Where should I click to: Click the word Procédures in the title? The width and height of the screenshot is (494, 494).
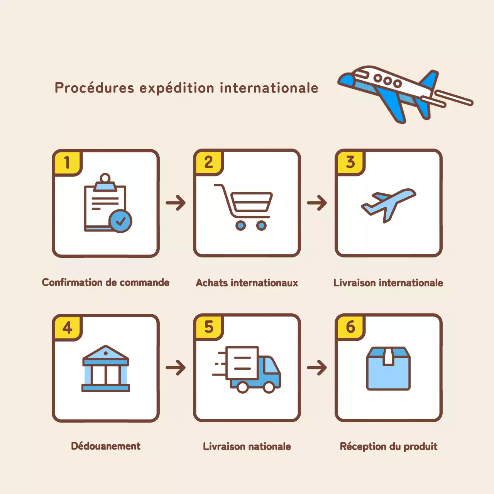pyautogui.click(x=94, y=88)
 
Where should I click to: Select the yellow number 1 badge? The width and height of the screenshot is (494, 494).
pyautogui.click(x=67, y=163)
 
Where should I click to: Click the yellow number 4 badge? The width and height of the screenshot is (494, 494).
pyautogui.click(x=67, y=328)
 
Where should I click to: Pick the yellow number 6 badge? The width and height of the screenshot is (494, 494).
pyautogui.click(x=350, y=327)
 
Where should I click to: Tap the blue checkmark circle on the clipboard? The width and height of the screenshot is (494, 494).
pyautogui.click(x=120, y=221)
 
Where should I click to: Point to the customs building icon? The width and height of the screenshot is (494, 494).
pyautogui.click(x=106, y=369)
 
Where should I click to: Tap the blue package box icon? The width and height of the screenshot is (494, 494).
pyautogui.click(x=388, y=369)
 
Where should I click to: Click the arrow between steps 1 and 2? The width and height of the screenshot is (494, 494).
pyautogui.click(x=176, y=203)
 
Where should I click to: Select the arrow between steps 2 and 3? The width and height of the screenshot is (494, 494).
pyautogui.click(x=317, y=203)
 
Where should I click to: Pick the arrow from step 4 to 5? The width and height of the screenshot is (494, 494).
pyautogui.click(x=176, y=367)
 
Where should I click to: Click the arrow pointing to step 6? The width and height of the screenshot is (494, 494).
pyautogui.click(x=317, y=367)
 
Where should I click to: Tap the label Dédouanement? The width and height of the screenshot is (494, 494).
pyautogui.click(x=106, y=446)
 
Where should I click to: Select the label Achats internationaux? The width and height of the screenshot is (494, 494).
pyautogui.click(x=247, y=283)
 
